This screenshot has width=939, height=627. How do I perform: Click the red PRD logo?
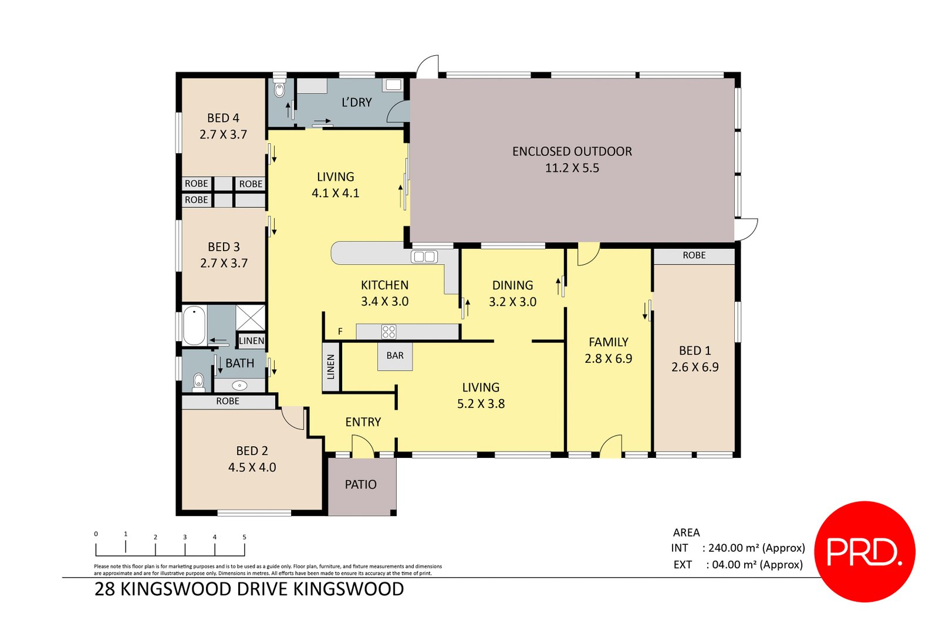(x=864, y=551)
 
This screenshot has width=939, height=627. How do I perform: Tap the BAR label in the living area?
(x=395, y=356)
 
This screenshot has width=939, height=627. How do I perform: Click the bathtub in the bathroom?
(x=194, y=326)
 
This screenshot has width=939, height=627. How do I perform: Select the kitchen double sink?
(x=424, y=257)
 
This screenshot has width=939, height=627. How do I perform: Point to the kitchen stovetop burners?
(x=389, y=332)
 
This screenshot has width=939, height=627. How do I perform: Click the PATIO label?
(x=360, y=485)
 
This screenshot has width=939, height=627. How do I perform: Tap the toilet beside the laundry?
(x=279, y=90)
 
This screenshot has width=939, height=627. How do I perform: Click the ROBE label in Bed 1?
(x=694, y=255)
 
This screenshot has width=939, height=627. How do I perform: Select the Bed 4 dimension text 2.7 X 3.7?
(x=223, y=134)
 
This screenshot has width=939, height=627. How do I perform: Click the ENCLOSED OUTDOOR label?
(x=572, y=151)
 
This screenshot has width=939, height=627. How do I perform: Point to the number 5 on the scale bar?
(x=244, y=537)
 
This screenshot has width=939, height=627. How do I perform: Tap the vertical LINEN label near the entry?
(x=330, y=367)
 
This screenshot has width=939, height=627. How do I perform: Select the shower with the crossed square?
(x=251, y=318)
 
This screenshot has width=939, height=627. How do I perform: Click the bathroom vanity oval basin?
(x=239, y=386)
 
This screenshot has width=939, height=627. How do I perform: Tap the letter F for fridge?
(x=340, y=332)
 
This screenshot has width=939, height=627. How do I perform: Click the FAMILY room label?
(x=608, y=342)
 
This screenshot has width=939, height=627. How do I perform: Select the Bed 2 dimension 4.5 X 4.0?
(x=252, y=467)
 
